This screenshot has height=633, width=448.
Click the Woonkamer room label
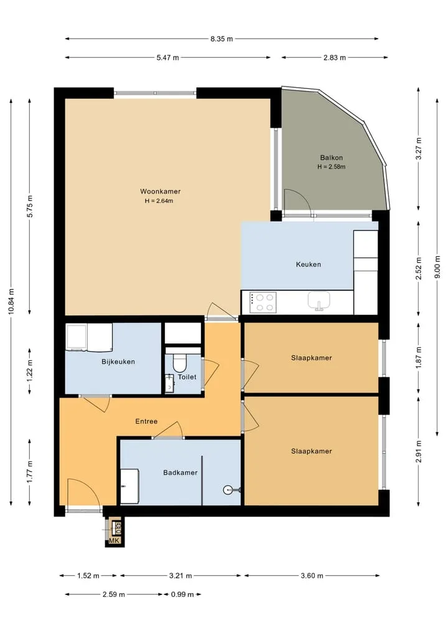tap(161, 191)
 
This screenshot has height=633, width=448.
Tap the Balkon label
tap(332, 157)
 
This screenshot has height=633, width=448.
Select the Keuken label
tap(309, 265)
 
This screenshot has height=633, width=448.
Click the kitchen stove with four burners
tap(263, 302)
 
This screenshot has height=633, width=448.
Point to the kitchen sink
tap(319, 301)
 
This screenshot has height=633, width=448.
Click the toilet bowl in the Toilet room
tap(179, 362)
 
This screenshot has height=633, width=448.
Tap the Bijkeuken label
tap(118, 362)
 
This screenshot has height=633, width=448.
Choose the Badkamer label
tap(180, 472)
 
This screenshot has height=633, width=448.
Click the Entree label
tap(146, 421)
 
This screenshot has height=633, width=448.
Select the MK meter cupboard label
tap(114, 540)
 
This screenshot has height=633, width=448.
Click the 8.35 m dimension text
tap(222, 39)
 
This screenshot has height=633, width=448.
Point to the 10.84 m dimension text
tap(11, 301)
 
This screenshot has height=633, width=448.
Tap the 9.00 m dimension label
tap(437, 266)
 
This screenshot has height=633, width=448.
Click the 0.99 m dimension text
tap(182, 594)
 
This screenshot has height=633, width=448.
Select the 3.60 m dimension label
tap(312, 576)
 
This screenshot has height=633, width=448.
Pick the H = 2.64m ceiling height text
tap(159, 200)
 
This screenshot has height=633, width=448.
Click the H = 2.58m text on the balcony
tap(332, 166)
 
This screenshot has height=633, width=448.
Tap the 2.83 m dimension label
tap(335, 57)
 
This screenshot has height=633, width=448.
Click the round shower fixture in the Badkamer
tap(227, 490)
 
